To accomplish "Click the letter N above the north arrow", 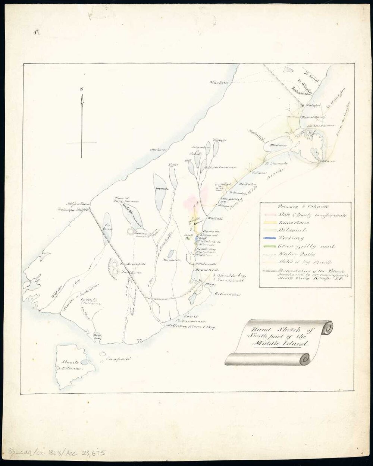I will [82, 89].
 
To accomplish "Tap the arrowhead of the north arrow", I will [82, 99].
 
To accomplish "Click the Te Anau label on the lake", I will [107, 226].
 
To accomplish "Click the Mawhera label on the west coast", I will [219, 82].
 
